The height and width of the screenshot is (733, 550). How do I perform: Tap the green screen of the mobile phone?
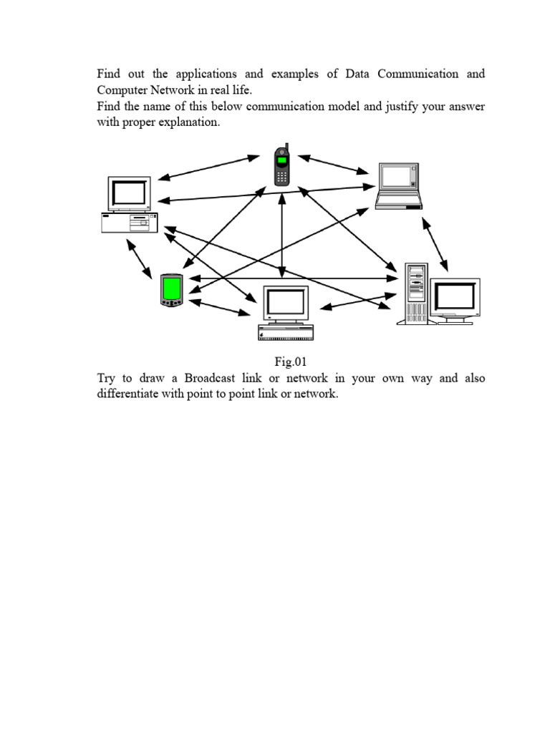282,160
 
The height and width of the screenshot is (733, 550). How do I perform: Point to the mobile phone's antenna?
286,147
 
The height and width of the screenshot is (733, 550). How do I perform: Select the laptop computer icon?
399,186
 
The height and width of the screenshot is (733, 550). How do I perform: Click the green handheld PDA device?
172,291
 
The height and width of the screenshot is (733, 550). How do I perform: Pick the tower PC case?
415,293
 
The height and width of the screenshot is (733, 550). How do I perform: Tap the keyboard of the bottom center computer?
286,332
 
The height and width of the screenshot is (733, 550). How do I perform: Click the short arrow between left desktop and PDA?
139,258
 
